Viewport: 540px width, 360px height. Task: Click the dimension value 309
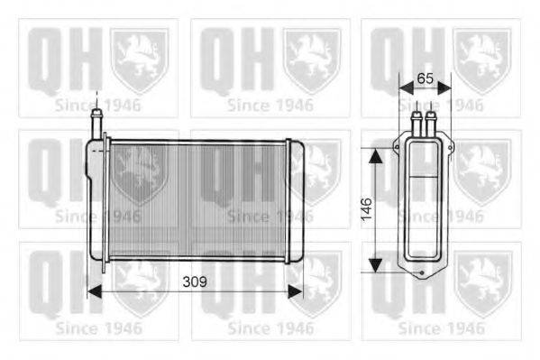tap(195, 282)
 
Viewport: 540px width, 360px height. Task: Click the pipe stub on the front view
tap(96, 123)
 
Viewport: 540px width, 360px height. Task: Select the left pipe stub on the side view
tap(416, 121)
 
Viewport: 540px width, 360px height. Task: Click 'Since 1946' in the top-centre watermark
tap(270, 104)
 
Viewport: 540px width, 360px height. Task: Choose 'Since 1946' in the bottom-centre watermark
tap(270, 328)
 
